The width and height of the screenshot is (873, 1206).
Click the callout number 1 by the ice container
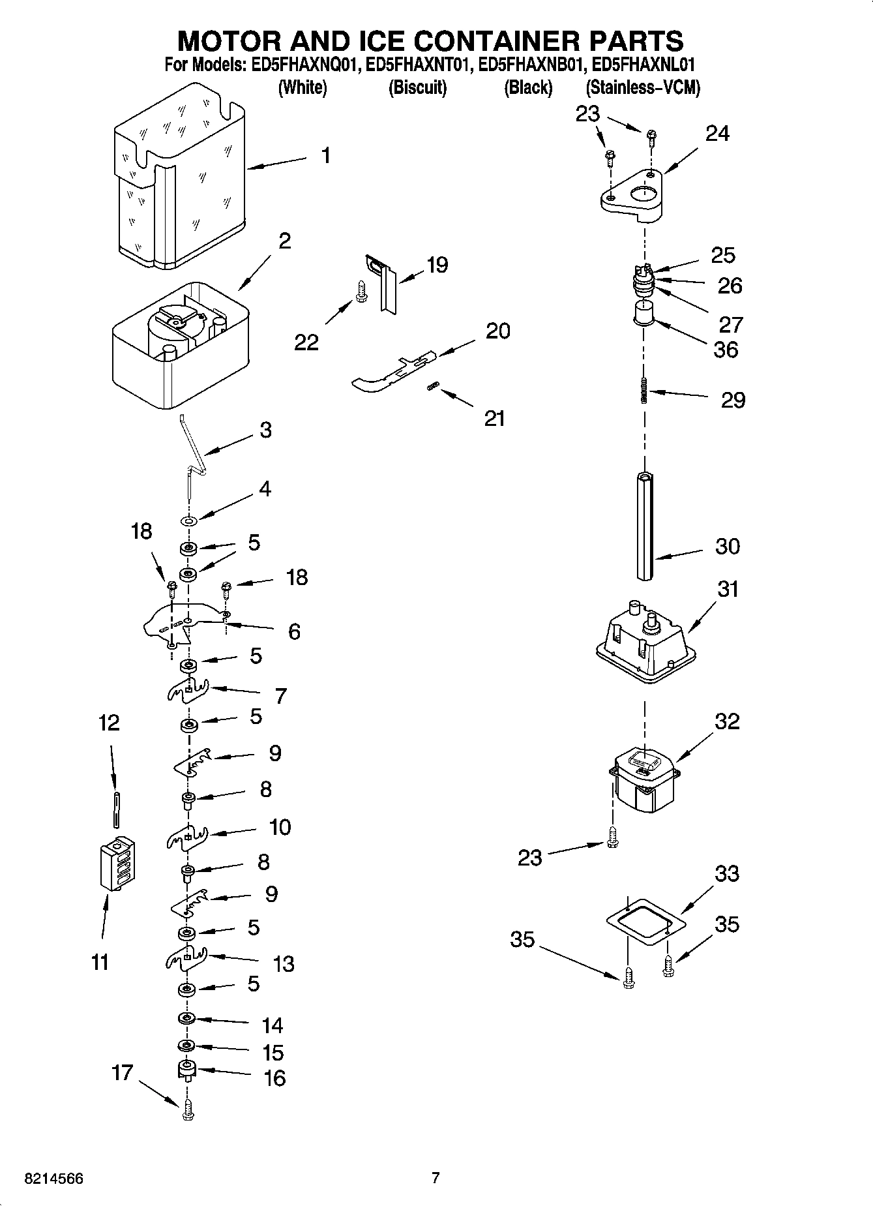pyautogui.click(x=325, y=156)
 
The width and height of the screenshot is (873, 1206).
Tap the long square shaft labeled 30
pyautogui.click(x=644, y=526)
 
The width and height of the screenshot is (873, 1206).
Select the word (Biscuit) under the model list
pyautogui.click(x=417, y=87)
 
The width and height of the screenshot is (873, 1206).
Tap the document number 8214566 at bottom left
pyautogui.click(x=53, y=1179)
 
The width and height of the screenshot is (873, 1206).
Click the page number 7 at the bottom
pyautogui.click(x=436, y=1178)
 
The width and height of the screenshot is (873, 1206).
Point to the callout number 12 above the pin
pyautogui.click(x=109, y=723)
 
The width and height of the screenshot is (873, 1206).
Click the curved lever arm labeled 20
pyautogui.click(x=391, y=373)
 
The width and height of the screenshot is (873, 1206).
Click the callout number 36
pyautogui.click(x=725, y=350)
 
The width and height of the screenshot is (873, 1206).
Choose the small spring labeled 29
pyautogui.click(x=644, y=391)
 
